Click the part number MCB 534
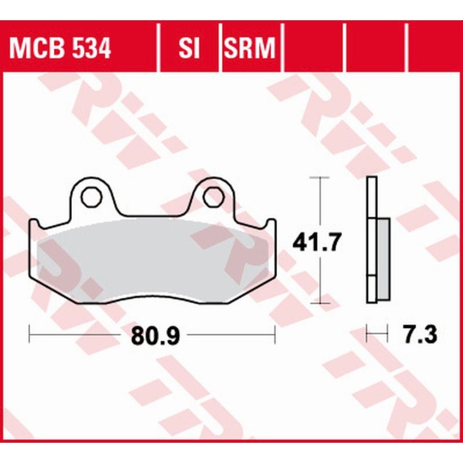pyautogui.click(x=61, y=50)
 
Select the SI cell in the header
pyautogui.click(x=189, y=50)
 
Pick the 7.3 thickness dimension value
pyautogui.click(x=417, y=334)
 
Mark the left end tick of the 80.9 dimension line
pyautogui.click(x=30, y=334)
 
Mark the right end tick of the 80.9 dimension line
pyautogui.click(x=274, y=334)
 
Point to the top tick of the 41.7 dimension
pyautogui.click(x=320, y=177)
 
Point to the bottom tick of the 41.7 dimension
pyautogui.click(x=320, y=303)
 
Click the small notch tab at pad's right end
pyautogui.click(x=270, y=224)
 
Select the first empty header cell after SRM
pyautogui.click(x=313, y=50)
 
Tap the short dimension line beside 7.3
pyautogui.click(x=377, y=334)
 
